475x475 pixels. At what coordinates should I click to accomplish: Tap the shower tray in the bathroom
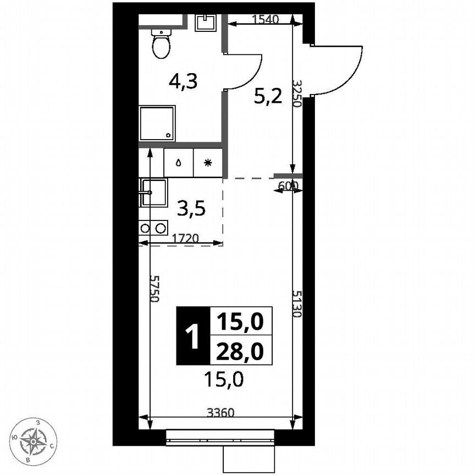tap(158, 124)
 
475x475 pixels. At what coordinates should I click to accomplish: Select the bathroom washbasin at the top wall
tap(206, 21)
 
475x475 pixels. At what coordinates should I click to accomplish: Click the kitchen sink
tap(153, 192)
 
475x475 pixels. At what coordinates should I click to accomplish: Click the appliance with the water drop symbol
tap(179, 163)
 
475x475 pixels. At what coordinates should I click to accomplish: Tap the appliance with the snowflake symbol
tap(207, 163)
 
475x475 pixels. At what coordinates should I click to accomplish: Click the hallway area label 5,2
tap(268, 97)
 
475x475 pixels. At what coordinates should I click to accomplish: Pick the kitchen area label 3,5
tap(191, 209)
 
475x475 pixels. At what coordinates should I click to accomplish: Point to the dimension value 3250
tap(297, 93)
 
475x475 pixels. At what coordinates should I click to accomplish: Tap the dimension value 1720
tap(186, 239)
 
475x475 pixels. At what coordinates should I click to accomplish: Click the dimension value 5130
tap(297, 304)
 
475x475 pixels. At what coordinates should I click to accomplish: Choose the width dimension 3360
tap(220, 412)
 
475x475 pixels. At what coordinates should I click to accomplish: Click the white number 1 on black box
tap(192, 336)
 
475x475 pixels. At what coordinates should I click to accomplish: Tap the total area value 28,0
tap(240, 350)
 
